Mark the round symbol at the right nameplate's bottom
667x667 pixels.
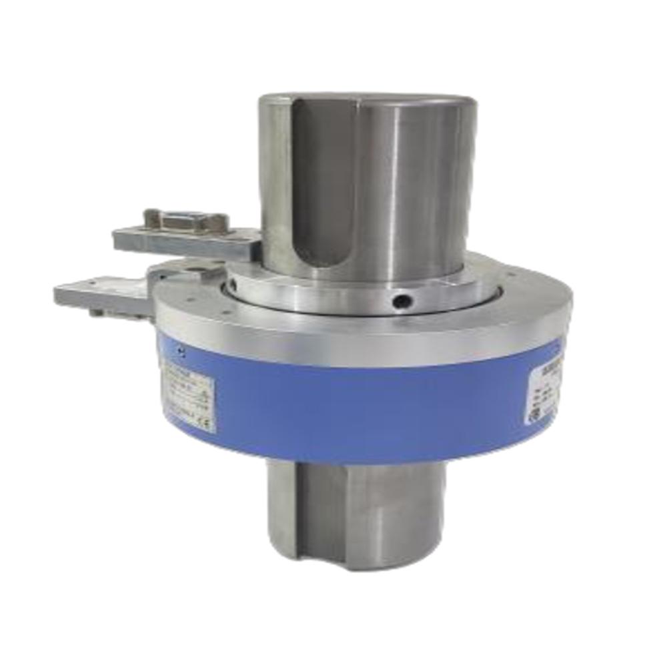(x=534, y=413)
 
